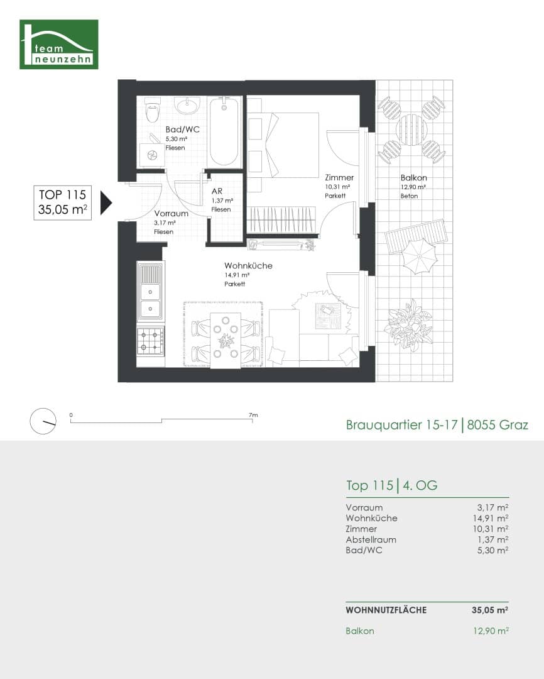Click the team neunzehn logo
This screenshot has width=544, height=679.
[x=59, y=44]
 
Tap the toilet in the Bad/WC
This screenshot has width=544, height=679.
[x=152, y=111]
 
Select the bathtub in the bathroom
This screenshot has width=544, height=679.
[x=224, y=131]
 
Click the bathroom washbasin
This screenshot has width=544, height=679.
[x=187, y=104]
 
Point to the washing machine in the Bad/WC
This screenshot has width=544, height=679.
[x=151, y=154]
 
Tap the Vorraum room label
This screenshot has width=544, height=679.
[x=171, y=214]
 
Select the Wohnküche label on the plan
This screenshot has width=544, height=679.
[x=248, y=266]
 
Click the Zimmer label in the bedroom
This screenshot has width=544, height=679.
[x=339, y=178]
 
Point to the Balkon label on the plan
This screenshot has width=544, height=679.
[x=413, y=178]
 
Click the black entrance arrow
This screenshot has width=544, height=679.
[x=106, y=202]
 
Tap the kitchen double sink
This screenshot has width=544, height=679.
[x=150, y=299]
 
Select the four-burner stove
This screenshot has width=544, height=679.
[x=150, y=341]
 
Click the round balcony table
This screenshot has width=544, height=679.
[x=411, y=130]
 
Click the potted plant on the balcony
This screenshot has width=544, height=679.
[x=408, y=323]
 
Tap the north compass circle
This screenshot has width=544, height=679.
[x=43, y=421]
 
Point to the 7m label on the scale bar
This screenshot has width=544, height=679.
[x=253, y=415]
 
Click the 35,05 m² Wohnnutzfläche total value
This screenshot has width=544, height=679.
[x=489, y=610]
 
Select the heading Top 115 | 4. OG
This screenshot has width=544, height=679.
[x=391, y=485]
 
